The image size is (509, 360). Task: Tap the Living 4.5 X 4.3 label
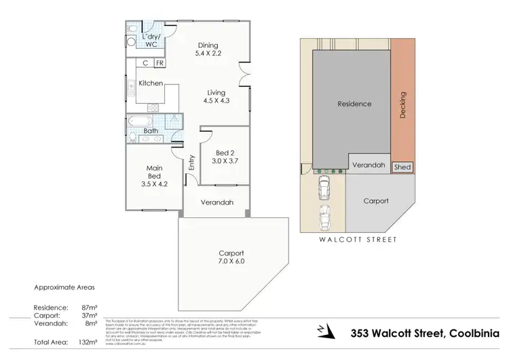216,96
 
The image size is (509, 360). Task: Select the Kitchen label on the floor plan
151,83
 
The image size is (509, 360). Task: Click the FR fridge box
159,63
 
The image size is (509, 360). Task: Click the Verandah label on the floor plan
218,202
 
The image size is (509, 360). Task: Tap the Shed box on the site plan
402,166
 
